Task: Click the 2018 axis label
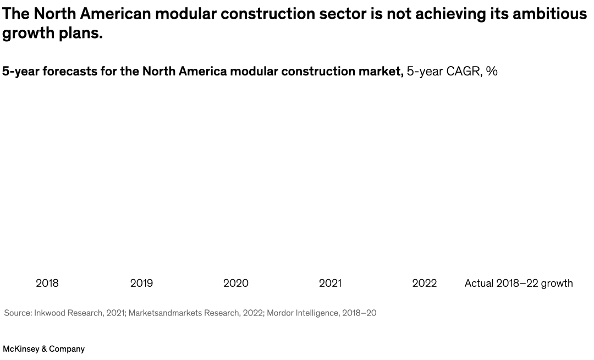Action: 47,283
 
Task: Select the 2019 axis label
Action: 141,283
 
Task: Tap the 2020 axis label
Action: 236,283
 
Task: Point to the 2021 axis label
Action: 330,283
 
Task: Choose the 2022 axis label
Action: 425,283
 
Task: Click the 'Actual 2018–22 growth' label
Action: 519,283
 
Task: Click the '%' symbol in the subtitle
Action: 492,71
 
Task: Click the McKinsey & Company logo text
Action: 44,349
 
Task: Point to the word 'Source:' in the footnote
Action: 18,313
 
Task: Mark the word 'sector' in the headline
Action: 342,14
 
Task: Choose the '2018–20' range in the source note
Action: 359,313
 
